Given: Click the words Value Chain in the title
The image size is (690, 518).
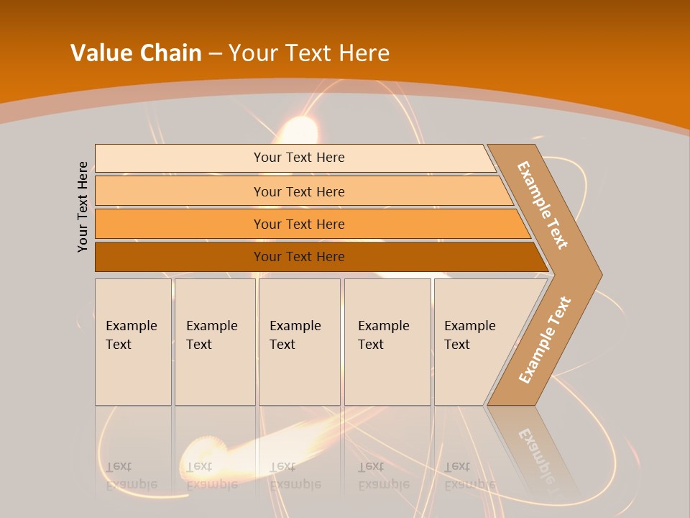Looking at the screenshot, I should [x=136, y=53].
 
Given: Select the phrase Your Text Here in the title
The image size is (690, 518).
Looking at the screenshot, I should [x=309, y=53].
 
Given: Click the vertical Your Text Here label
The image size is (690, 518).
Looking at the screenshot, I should [x=83, y=206].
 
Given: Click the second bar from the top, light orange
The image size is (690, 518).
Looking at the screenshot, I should [x=298, y=191].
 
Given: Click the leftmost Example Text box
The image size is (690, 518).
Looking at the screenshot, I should [x=133, y=342].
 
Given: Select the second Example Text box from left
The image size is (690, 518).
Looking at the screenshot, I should [x=215, y=342].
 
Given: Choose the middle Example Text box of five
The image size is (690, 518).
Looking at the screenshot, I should [x=299, y=342].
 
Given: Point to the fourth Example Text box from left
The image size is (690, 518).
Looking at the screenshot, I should [x=387, y=342].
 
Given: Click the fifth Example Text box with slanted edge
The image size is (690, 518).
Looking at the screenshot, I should [x=474, y=342].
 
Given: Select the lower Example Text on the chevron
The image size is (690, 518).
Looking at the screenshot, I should [x=545, y=340].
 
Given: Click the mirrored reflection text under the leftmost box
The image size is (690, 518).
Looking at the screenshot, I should [x=132, y=476].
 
